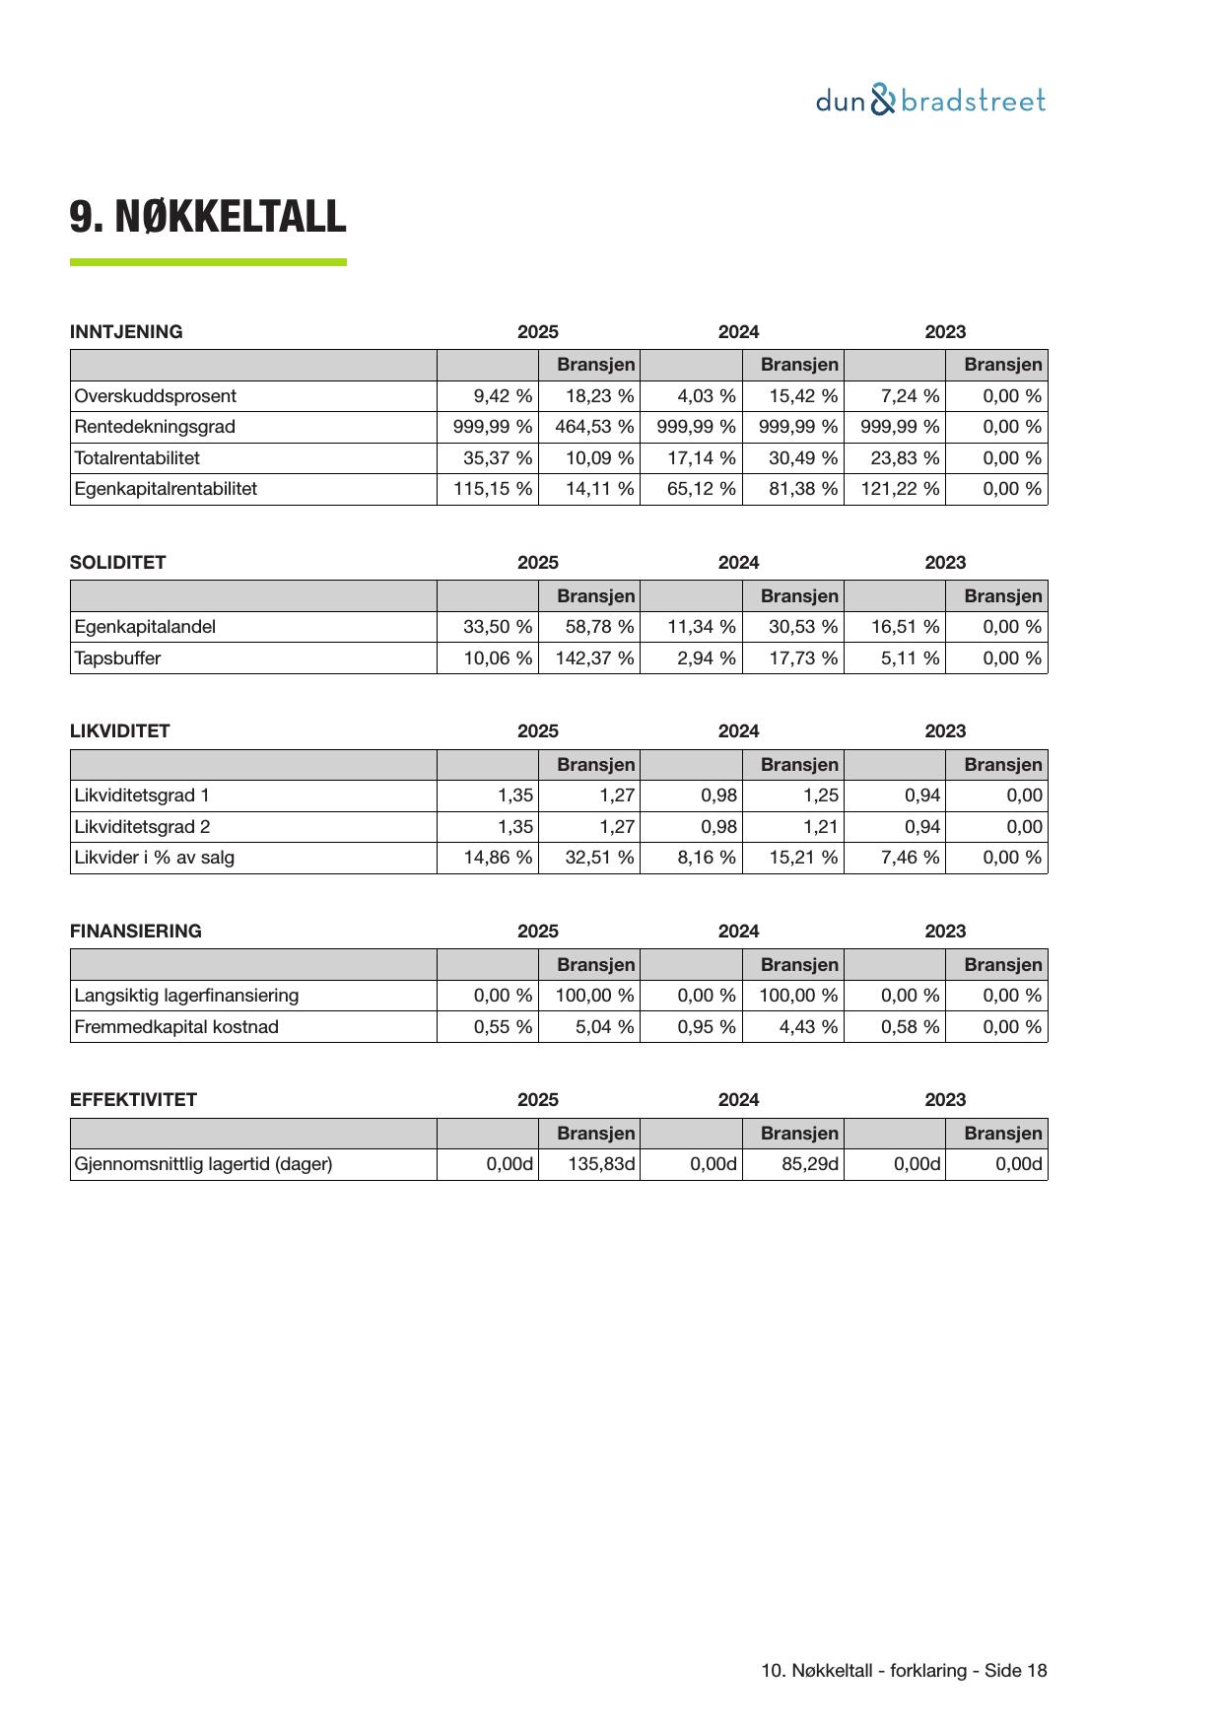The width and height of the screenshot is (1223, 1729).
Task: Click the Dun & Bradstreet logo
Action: tap(930, 101)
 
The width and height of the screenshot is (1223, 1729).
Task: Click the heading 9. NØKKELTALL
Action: tap(207, 217)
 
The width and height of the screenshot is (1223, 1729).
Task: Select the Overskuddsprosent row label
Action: tap(156, 396)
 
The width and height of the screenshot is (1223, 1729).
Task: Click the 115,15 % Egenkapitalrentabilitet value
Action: tap(492, 489)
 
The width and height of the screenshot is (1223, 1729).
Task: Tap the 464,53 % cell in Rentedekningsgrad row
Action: tap(594, 427)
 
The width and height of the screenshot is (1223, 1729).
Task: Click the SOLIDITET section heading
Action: tap(117, 563)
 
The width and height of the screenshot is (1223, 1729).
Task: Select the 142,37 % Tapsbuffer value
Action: tap(594, 658)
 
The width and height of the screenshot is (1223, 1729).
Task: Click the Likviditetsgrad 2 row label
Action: tap(142, 827)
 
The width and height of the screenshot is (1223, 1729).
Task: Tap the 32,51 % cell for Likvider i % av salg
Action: tap(599, 858)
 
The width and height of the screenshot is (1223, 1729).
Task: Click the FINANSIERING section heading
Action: tap(135, 932)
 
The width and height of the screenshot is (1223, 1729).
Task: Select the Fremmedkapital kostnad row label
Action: tap(176, 1027)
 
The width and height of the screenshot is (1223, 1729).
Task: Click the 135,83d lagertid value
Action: tap(601, 1164)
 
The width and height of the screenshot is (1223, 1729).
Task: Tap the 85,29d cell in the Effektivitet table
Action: tap(809, 1164)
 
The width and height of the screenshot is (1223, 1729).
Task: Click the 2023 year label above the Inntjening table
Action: tap(944, 332)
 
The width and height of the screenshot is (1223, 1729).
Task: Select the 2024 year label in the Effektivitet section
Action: tap(738, 1100)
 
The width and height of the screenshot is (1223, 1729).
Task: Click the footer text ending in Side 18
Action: tap(904, 1671)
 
